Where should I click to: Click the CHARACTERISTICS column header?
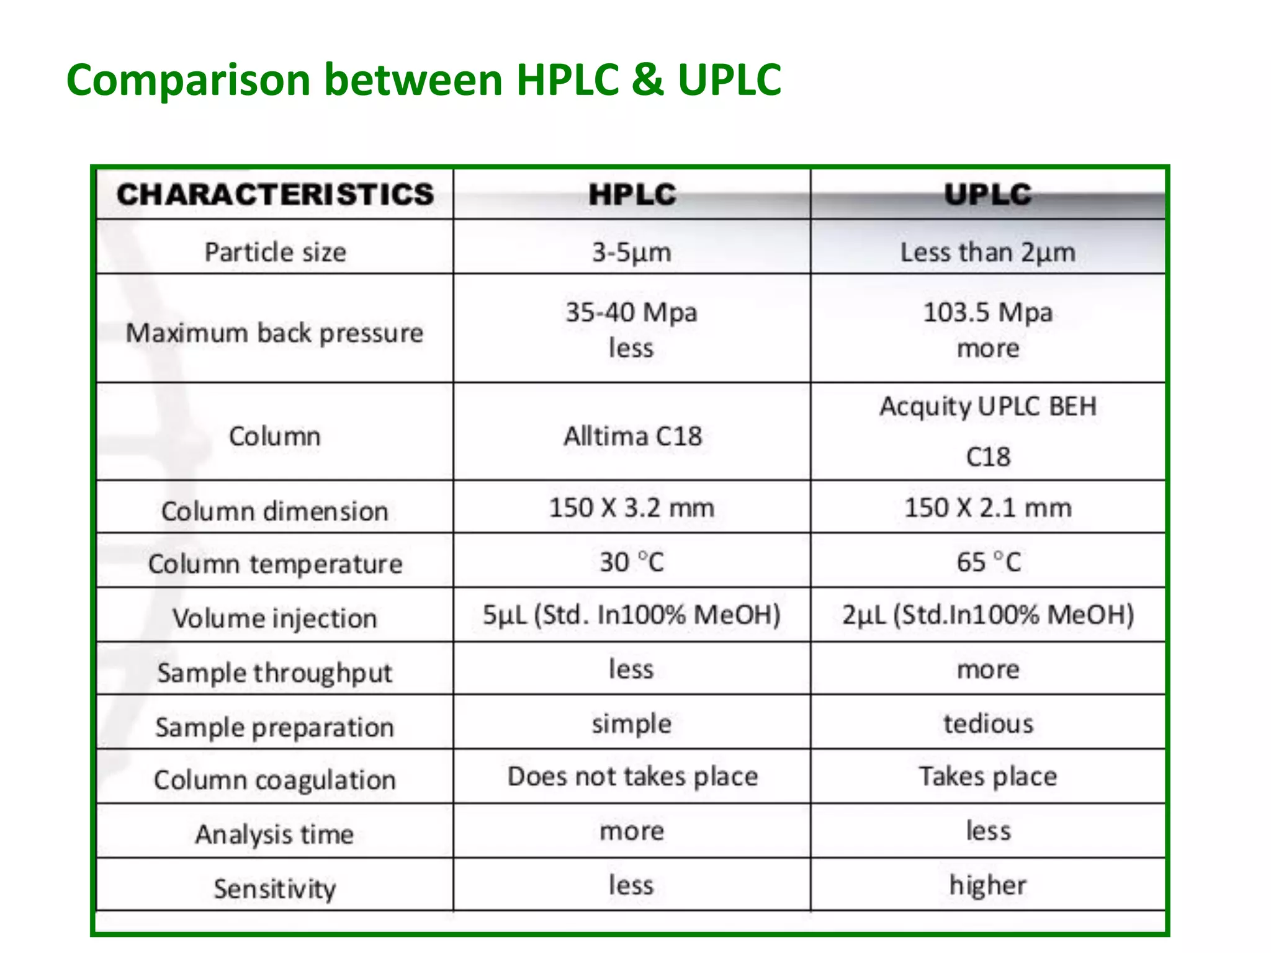pyautogui.click(x=275, y=194)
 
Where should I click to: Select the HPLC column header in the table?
pyautogui.click(x=632, y=194)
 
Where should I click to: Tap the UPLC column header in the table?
pyautogui.click(x=988, y=194)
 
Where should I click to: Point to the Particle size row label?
pyautogui.click(x=275, y=253)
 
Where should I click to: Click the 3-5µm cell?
pyautogui.click(x=632, y=253)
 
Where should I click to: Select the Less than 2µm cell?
pyautogui.click(x=988, y=253)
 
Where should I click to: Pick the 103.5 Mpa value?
pyautogui.click(x=988, y=312)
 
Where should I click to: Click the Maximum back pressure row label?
pyautogui.click(x=275, y=333)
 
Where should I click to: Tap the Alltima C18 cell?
pyautogui.click(x=632, y=436)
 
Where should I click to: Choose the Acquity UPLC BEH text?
pyautogui.click(x=988, y=407)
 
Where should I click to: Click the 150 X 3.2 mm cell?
pyautogui.click(x=632, y=508)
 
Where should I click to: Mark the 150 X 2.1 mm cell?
pyautogui.click(x=988, y=508)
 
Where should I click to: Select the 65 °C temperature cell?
pyautogui.click(x=988, y=562)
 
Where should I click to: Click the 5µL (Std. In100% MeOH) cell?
pyautogui.click(x=632, y=615)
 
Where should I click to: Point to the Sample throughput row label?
pyautogui.click(x=275, y=673)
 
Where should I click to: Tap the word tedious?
pyautogui.click(x=988, y=724)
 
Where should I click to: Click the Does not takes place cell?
pyautogui.click(x=632, y=777)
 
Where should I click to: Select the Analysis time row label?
pyautogui.click(x=275, y=834)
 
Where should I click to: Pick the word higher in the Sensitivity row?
pyautogui.click(x=988, y=885)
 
